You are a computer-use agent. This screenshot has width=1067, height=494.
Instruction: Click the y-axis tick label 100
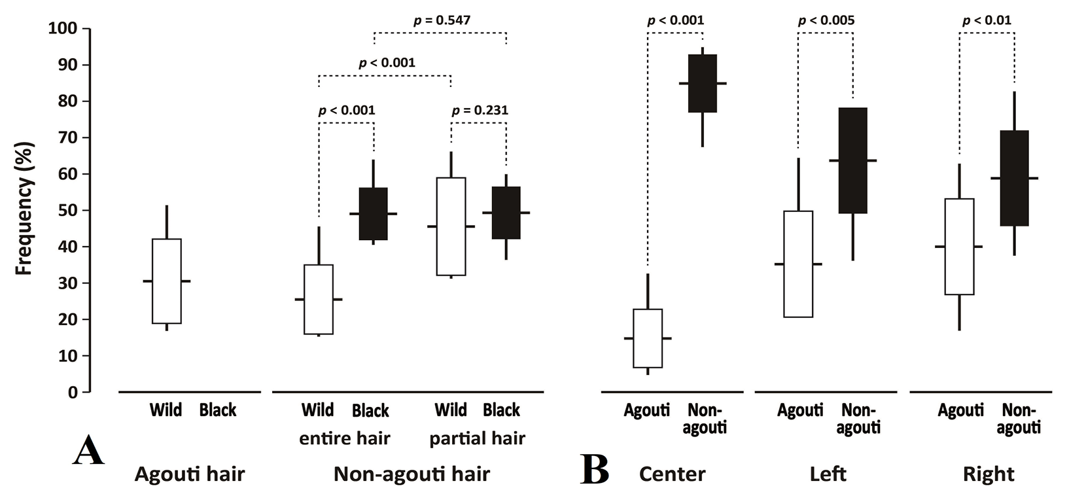tap(62, 29)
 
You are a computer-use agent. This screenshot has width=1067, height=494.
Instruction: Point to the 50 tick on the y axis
tap(86, 211)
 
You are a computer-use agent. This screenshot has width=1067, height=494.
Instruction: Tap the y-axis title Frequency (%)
tap(24, 208)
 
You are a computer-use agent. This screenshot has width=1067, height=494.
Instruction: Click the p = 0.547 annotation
tap(442, 20)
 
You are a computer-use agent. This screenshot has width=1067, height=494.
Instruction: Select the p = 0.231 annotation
tap(480, 111)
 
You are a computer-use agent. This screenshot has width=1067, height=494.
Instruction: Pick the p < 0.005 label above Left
tap(826, 20)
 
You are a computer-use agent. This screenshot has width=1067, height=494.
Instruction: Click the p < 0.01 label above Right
tap(987, 20)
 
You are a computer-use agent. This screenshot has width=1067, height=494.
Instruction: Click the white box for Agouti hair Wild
tap(167, 281)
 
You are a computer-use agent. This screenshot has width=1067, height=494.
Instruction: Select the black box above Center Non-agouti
tap(703, 83)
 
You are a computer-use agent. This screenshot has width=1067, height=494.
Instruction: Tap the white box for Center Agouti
tap(648, 338)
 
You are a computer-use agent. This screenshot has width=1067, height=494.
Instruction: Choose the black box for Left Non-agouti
tap(853, 160)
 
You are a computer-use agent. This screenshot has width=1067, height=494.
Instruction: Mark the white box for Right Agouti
tap(959, 247)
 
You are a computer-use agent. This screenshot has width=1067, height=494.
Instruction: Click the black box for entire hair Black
tap(374, 214)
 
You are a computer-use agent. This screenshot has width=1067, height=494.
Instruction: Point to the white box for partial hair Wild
tap(451, 226)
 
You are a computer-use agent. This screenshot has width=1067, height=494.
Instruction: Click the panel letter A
tap(88, 450)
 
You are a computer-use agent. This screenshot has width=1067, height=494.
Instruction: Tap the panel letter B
tap(595, 470)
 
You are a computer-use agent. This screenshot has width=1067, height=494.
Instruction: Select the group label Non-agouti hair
tap(411, 474)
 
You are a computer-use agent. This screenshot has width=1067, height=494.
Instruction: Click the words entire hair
tap(344, 438)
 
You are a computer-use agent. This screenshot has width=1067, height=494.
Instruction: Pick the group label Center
tap(672, 474)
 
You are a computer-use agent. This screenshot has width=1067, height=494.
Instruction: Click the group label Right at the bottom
tap(988, 474)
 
